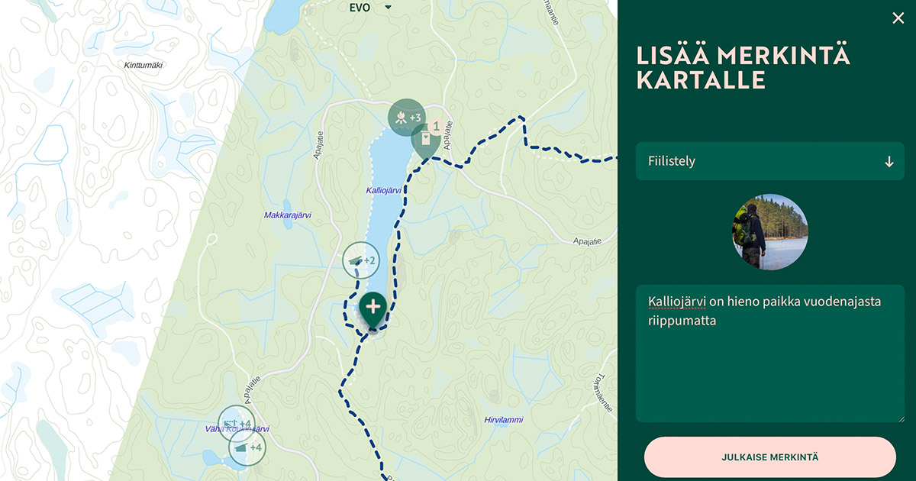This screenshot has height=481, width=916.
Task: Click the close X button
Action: click(x=898, y=18)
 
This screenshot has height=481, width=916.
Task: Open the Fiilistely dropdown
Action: click(x=769, y=161)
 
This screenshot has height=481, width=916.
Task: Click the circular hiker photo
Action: click(x=770, y=232)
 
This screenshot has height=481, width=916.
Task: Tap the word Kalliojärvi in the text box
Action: click(x=676, y=302)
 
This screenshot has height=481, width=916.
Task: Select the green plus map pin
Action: click(x=373, y=308)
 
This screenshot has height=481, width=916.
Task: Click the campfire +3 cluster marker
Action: click(x=406, y=118)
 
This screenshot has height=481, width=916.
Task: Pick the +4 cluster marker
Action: click(x=247, y=447)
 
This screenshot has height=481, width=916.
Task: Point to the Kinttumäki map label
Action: click(x=144, y=65)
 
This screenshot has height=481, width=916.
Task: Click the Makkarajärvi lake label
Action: click(x=288, y=215)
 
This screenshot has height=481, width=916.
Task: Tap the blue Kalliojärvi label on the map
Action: click(x=384, y=189)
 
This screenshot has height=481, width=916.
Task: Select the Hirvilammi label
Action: click(x=504, y=420)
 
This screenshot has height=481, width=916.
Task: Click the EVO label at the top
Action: click(x=360, y=8)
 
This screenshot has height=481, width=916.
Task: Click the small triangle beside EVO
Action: click(x=388, y=8)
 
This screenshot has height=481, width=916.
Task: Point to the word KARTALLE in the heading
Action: click(x=701, y=80)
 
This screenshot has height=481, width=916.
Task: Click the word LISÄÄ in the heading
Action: click(x=669, y=56)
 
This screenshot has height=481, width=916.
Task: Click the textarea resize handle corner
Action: click(x=900, y=418)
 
